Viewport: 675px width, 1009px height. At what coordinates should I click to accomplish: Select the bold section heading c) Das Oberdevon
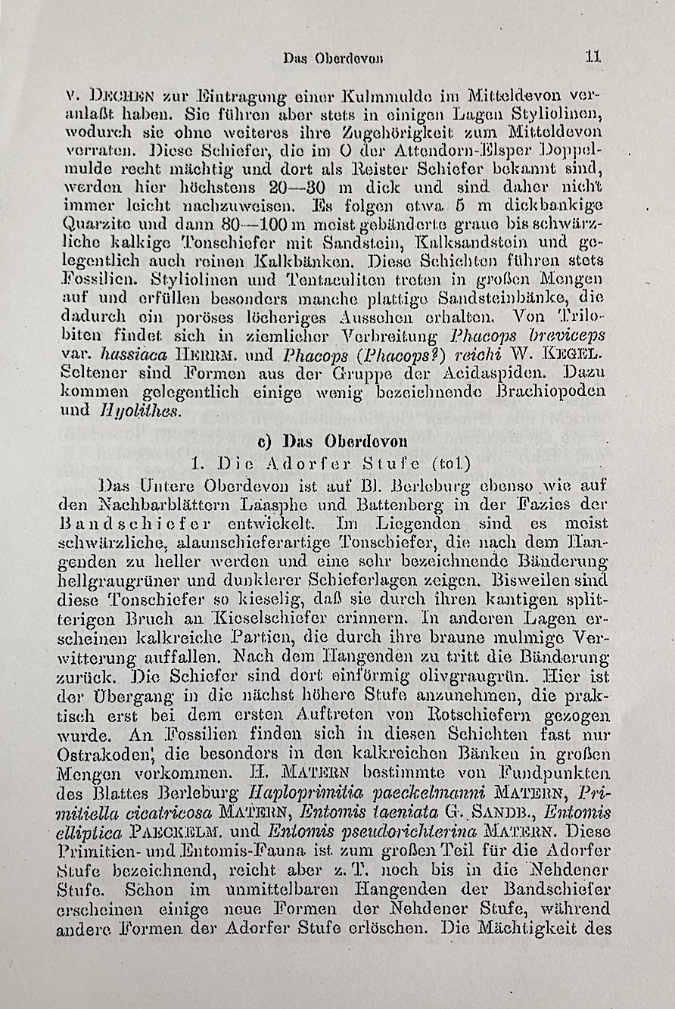(x=333, y=441)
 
